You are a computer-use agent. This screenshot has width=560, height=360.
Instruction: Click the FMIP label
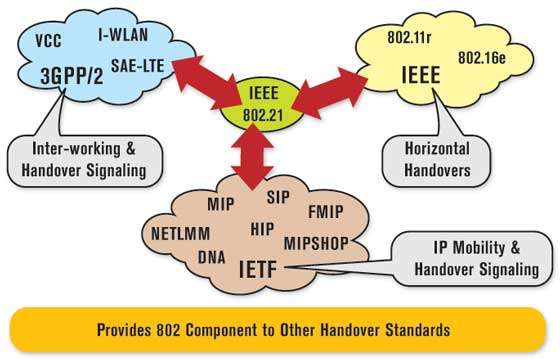327,213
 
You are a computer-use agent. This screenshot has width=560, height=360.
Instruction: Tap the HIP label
262,229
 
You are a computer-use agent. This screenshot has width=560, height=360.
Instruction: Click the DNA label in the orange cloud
211,257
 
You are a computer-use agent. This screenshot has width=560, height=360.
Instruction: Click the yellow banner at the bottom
280,329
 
